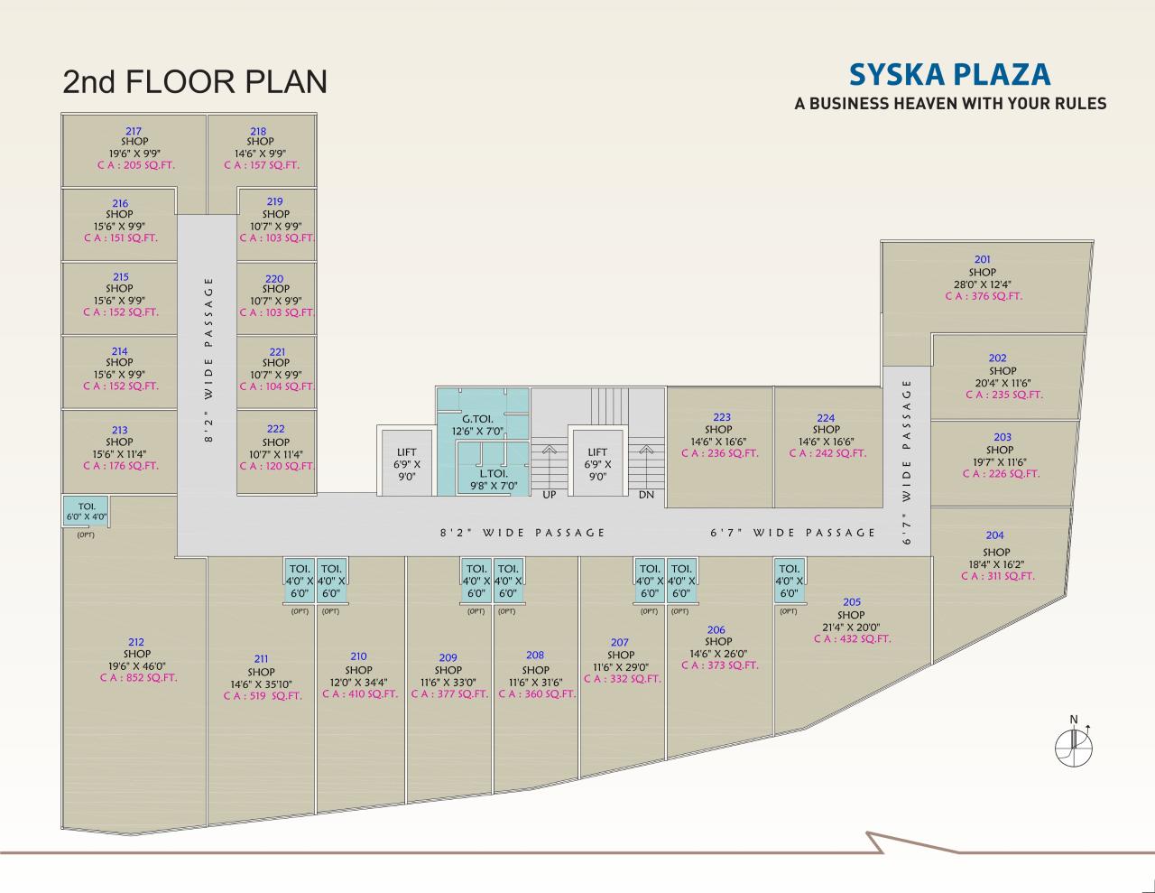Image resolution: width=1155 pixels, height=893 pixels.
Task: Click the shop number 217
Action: [134, 131]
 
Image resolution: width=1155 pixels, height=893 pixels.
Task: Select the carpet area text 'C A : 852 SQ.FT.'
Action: [138, 677]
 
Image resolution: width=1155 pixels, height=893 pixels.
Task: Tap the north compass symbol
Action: [1074, 745]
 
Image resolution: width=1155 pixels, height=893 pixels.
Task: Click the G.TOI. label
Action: [476, 419]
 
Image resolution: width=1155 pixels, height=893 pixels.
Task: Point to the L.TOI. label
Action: [494, 473]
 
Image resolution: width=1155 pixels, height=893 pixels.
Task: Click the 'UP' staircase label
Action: [549, 495]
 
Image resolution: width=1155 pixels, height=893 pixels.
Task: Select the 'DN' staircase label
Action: [646, 495]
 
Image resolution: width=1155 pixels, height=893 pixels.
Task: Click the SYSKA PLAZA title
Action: [950, 74]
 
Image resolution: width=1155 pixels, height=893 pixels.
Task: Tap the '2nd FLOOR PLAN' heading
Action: [195, 81]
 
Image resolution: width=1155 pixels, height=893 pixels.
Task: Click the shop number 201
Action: [983, 260]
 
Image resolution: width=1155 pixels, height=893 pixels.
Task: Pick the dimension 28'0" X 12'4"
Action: [983, 284]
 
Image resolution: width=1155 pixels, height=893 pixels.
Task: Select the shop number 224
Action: [826, 418]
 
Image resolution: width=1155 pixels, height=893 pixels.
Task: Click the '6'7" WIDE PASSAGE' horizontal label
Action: [793, 533]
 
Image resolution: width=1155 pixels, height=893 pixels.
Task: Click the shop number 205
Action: [852, 602]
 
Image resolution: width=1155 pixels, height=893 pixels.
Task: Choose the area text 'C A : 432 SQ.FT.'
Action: [852, 638]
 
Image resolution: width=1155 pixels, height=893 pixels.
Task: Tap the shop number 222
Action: [276, 430]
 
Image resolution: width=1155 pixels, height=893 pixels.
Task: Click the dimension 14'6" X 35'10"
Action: [262, 684]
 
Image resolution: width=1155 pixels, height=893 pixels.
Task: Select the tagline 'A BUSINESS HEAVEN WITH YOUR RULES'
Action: [950, 104]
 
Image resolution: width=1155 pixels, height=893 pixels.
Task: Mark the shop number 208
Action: [535, 656]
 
